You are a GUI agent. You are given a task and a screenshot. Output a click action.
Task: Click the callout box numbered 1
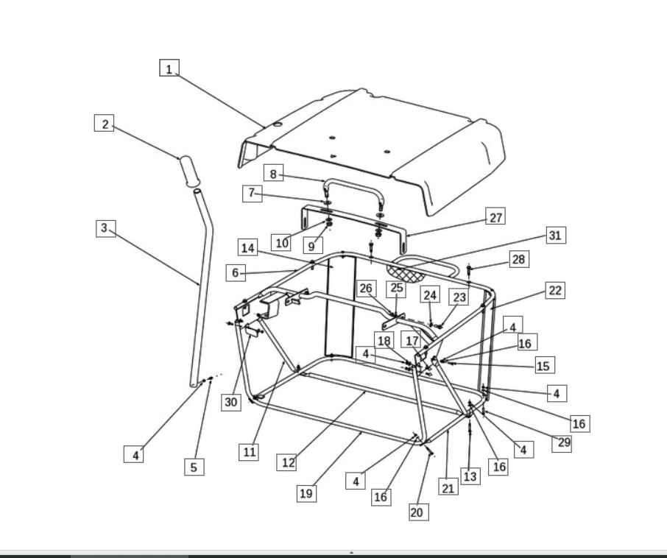[169, 68]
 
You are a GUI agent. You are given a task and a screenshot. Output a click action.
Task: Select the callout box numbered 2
[105, 123]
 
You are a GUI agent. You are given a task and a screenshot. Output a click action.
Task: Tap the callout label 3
[106, 228]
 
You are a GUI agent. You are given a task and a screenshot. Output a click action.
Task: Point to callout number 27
[495, 216]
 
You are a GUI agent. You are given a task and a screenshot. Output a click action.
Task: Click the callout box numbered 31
[557, 235]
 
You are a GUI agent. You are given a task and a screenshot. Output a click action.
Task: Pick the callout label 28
[520, 259]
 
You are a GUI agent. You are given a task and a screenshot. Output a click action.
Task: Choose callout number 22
[556, 291]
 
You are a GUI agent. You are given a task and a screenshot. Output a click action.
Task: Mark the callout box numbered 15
[545, 365]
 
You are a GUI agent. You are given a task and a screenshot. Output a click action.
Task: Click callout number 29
[562, 443]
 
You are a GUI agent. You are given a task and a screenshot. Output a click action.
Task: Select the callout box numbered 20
[419, 512]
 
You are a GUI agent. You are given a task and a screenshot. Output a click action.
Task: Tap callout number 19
[307, 493]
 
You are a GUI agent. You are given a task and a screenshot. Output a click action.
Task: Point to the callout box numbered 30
[231, 402]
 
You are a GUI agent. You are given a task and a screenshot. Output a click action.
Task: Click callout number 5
[194, 467]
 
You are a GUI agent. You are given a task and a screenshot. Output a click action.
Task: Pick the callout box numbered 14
[248, 247]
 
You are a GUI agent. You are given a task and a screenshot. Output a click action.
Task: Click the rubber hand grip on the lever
[190, 172]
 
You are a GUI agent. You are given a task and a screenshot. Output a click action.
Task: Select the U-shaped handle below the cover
[354, 186]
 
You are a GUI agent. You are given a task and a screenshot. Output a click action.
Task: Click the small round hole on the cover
[278, 124]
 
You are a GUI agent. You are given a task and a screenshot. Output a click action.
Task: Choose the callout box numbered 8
[274, 173]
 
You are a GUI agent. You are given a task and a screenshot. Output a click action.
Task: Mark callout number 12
[287, 462]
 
